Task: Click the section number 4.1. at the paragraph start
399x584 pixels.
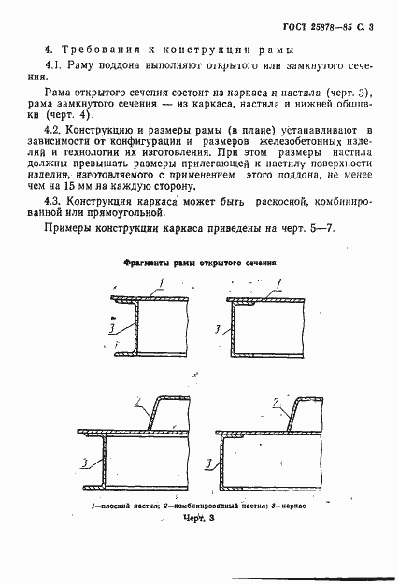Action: pos(55,66)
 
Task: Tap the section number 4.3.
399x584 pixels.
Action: pos(55,201)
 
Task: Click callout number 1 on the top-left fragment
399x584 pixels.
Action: pos(160,282)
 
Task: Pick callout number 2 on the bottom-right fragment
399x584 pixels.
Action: pos(278,403)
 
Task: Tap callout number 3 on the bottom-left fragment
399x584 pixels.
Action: pos(85,463)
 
